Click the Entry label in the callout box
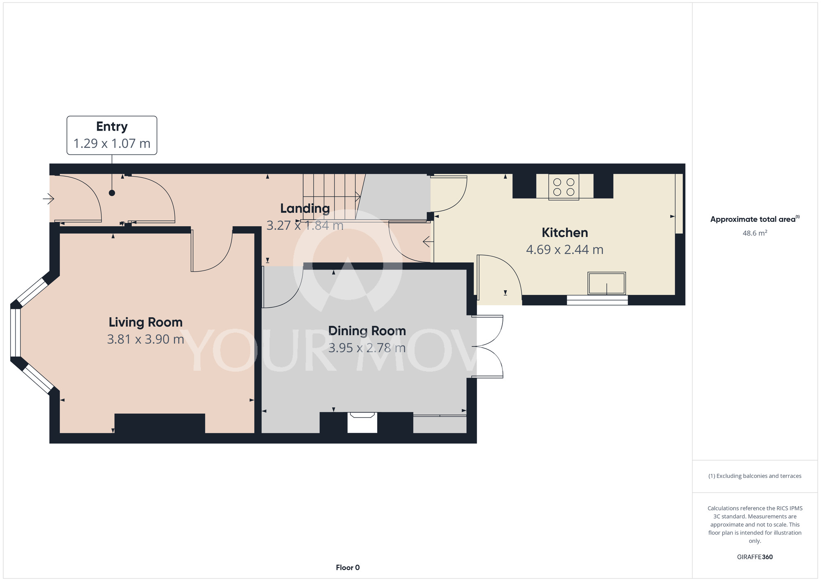coord(112,127)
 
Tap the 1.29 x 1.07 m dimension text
coord(112,143)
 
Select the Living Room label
coord(145,322)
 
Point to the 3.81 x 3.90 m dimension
coord(145,339)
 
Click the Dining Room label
coord(367,331)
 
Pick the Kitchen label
coord(565,233)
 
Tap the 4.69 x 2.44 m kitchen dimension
coord(565,249)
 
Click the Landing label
coord(305,209)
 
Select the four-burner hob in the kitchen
coord(564,187)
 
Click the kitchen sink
coord(607,284)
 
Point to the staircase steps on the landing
coord(332,197)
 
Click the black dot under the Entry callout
coord(112,193)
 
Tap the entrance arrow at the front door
coord(48,199)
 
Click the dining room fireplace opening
coord(362,423)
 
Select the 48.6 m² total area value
coord(755,233)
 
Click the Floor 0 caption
coord(348,567)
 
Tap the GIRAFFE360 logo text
coord(755,557)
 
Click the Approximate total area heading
coord(755,219)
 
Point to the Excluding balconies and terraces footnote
coord(755,476)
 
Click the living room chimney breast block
coord(160,424)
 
